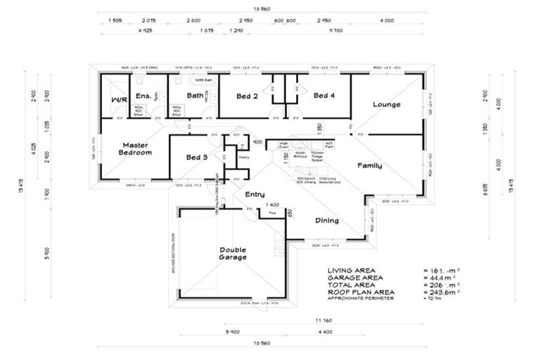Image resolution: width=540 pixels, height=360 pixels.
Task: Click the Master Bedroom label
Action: [x=134, y=148]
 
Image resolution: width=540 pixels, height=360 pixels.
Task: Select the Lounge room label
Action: [x=386, y=105]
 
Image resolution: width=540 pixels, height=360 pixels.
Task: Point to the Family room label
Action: [x=370, y=165]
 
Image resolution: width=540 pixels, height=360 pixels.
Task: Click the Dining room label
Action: [x=327, y=220]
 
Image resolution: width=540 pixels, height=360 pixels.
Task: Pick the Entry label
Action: [x=254, y=193]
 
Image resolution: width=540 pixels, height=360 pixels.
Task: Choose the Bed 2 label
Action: [x=247, y=96]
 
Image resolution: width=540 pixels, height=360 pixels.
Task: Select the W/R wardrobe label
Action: [x=118, y=100]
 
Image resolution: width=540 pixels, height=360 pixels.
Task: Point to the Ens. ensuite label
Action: [x=143, y=96]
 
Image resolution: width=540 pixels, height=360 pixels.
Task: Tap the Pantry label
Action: [x=244, y=157]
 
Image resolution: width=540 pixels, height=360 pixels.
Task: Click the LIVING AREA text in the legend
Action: [x=351, y=270]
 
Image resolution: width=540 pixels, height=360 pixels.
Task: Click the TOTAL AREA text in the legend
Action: [x=349, y=285]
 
